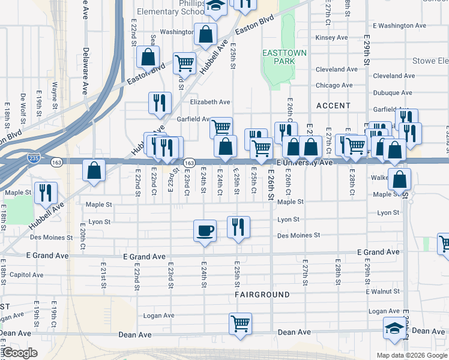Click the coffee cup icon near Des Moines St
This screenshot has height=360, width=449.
click(x=205, y=230)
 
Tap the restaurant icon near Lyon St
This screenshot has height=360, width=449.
click(x=238, y=227)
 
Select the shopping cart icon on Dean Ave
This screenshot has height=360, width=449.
click(x=241, y=323)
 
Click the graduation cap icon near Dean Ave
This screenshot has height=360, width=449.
click(x=394, y=328)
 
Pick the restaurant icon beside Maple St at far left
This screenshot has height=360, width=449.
click(x=46, y=193)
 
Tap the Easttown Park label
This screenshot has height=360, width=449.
click(x=285, y=57)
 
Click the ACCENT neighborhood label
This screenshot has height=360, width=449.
click(x=333, y=106)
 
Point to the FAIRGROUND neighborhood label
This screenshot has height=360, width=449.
click(x=262, y=295)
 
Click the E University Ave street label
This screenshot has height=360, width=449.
click(x=304, y=163)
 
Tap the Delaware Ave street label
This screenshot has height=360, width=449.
click(x=86, y=72)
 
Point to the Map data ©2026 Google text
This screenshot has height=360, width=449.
click(x=411, y=355)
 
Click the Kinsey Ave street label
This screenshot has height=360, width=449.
click(x=331, y=37)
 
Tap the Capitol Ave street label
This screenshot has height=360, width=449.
click(x=26, y=275)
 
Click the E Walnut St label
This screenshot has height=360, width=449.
click(x=381, y=292)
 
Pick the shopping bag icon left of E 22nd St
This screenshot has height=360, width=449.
click(x=95, y=170)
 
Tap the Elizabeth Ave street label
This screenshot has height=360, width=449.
click(x=210, y=102)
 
